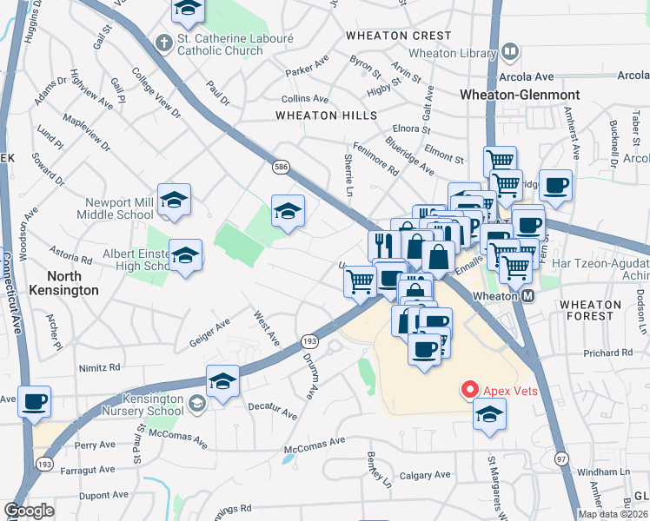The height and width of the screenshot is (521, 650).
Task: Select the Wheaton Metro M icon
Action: (x=527, y=296)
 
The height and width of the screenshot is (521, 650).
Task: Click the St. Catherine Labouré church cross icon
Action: (x=162, y=42)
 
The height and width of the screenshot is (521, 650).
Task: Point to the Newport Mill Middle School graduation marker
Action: (x=174, y=201)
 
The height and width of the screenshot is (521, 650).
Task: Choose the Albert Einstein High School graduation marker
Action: (x=185, y=256)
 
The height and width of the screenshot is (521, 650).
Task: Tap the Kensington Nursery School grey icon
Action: (x=199, y=401)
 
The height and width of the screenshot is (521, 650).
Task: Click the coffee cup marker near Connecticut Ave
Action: (x=35, y=402)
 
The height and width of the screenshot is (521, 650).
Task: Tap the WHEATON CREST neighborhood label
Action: (x=398, y=36)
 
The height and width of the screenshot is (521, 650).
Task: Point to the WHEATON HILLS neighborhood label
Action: (x=326, y=115)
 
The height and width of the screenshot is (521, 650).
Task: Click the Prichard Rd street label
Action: (x=607, y=353)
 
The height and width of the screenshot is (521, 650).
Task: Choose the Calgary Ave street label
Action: (x=425, y=475)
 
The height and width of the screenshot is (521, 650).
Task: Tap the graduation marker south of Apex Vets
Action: (x=490, y=414)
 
